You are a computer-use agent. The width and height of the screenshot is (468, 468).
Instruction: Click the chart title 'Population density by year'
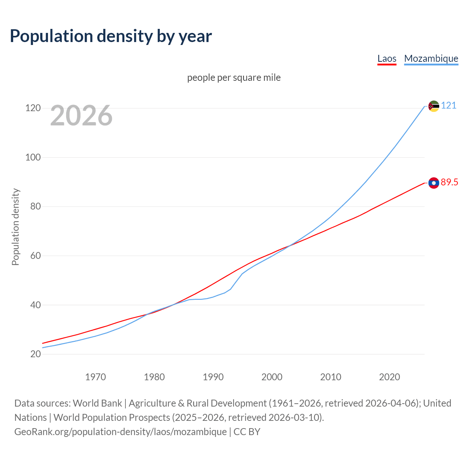pyautogui.click(x=111, y=36)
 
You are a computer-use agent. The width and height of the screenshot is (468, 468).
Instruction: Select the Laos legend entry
pyautogui.click(x=386, y=58)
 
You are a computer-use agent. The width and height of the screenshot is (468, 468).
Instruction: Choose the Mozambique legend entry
pyautogui.click(x=431, y=58)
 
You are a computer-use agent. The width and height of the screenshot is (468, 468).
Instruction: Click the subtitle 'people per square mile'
pyautogui.click(x=234, y=78)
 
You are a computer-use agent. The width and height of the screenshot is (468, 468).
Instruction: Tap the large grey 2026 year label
pyautogui.click(x=81, y=116)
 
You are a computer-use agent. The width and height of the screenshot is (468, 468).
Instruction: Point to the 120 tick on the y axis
pyautogui.click(x=33, y=108)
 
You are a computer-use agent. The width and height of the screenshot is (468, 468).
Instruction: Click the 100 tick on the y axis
pyautogui.click(x=33, y=158)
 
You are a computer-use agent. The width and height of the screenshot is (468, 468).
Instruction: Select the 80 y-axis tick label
pyautogui.click(x=35, y=207)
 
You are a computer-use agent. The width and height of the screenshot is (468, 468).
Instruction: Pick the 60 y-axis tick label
pyautogui.click(x=35, y=256)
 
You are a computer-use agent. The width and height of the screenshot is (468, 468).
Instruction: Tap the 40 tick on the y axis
pyautogui.click(x=35, y=305)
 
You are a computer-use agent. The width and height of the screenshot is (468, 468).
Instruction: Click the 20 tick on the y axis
pyautogui.click(x=35, y=354)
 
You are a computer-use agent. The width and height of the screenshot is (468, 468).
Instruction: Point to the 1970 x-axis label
pyautogui.click(x=95, y=377)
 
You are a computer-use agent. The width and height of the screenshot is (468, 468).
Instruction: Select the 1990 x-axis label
pyautogui.click(x=213, y=377)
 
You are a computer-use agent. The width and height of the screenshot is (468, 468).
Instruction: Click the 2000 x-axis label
pyautogui.click(x=272, y=377)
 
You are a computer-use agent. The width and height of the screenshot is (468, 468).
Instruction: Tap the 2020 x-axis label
pyautogui.click(x=389, y=377)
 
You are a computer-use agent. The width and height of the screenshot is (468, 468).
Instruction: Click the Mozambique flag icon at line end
pyautogui.click(x=434, y=106)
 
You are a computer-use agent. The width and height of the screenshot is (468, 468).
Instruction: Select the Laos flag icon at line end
pyautogui.click(x=434, y=183)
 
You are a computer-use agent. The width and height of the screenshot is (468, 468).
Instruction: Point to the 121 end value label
pyautogui.click(x=449, y=106)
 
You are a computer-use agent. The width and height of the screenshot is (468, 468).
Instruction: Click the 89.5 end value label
pyautogui.click(x=449, y=182)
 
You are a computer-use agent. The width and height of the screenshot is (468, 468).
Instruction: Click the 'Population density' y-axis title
pyautogui.click(x=15, y=227)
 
